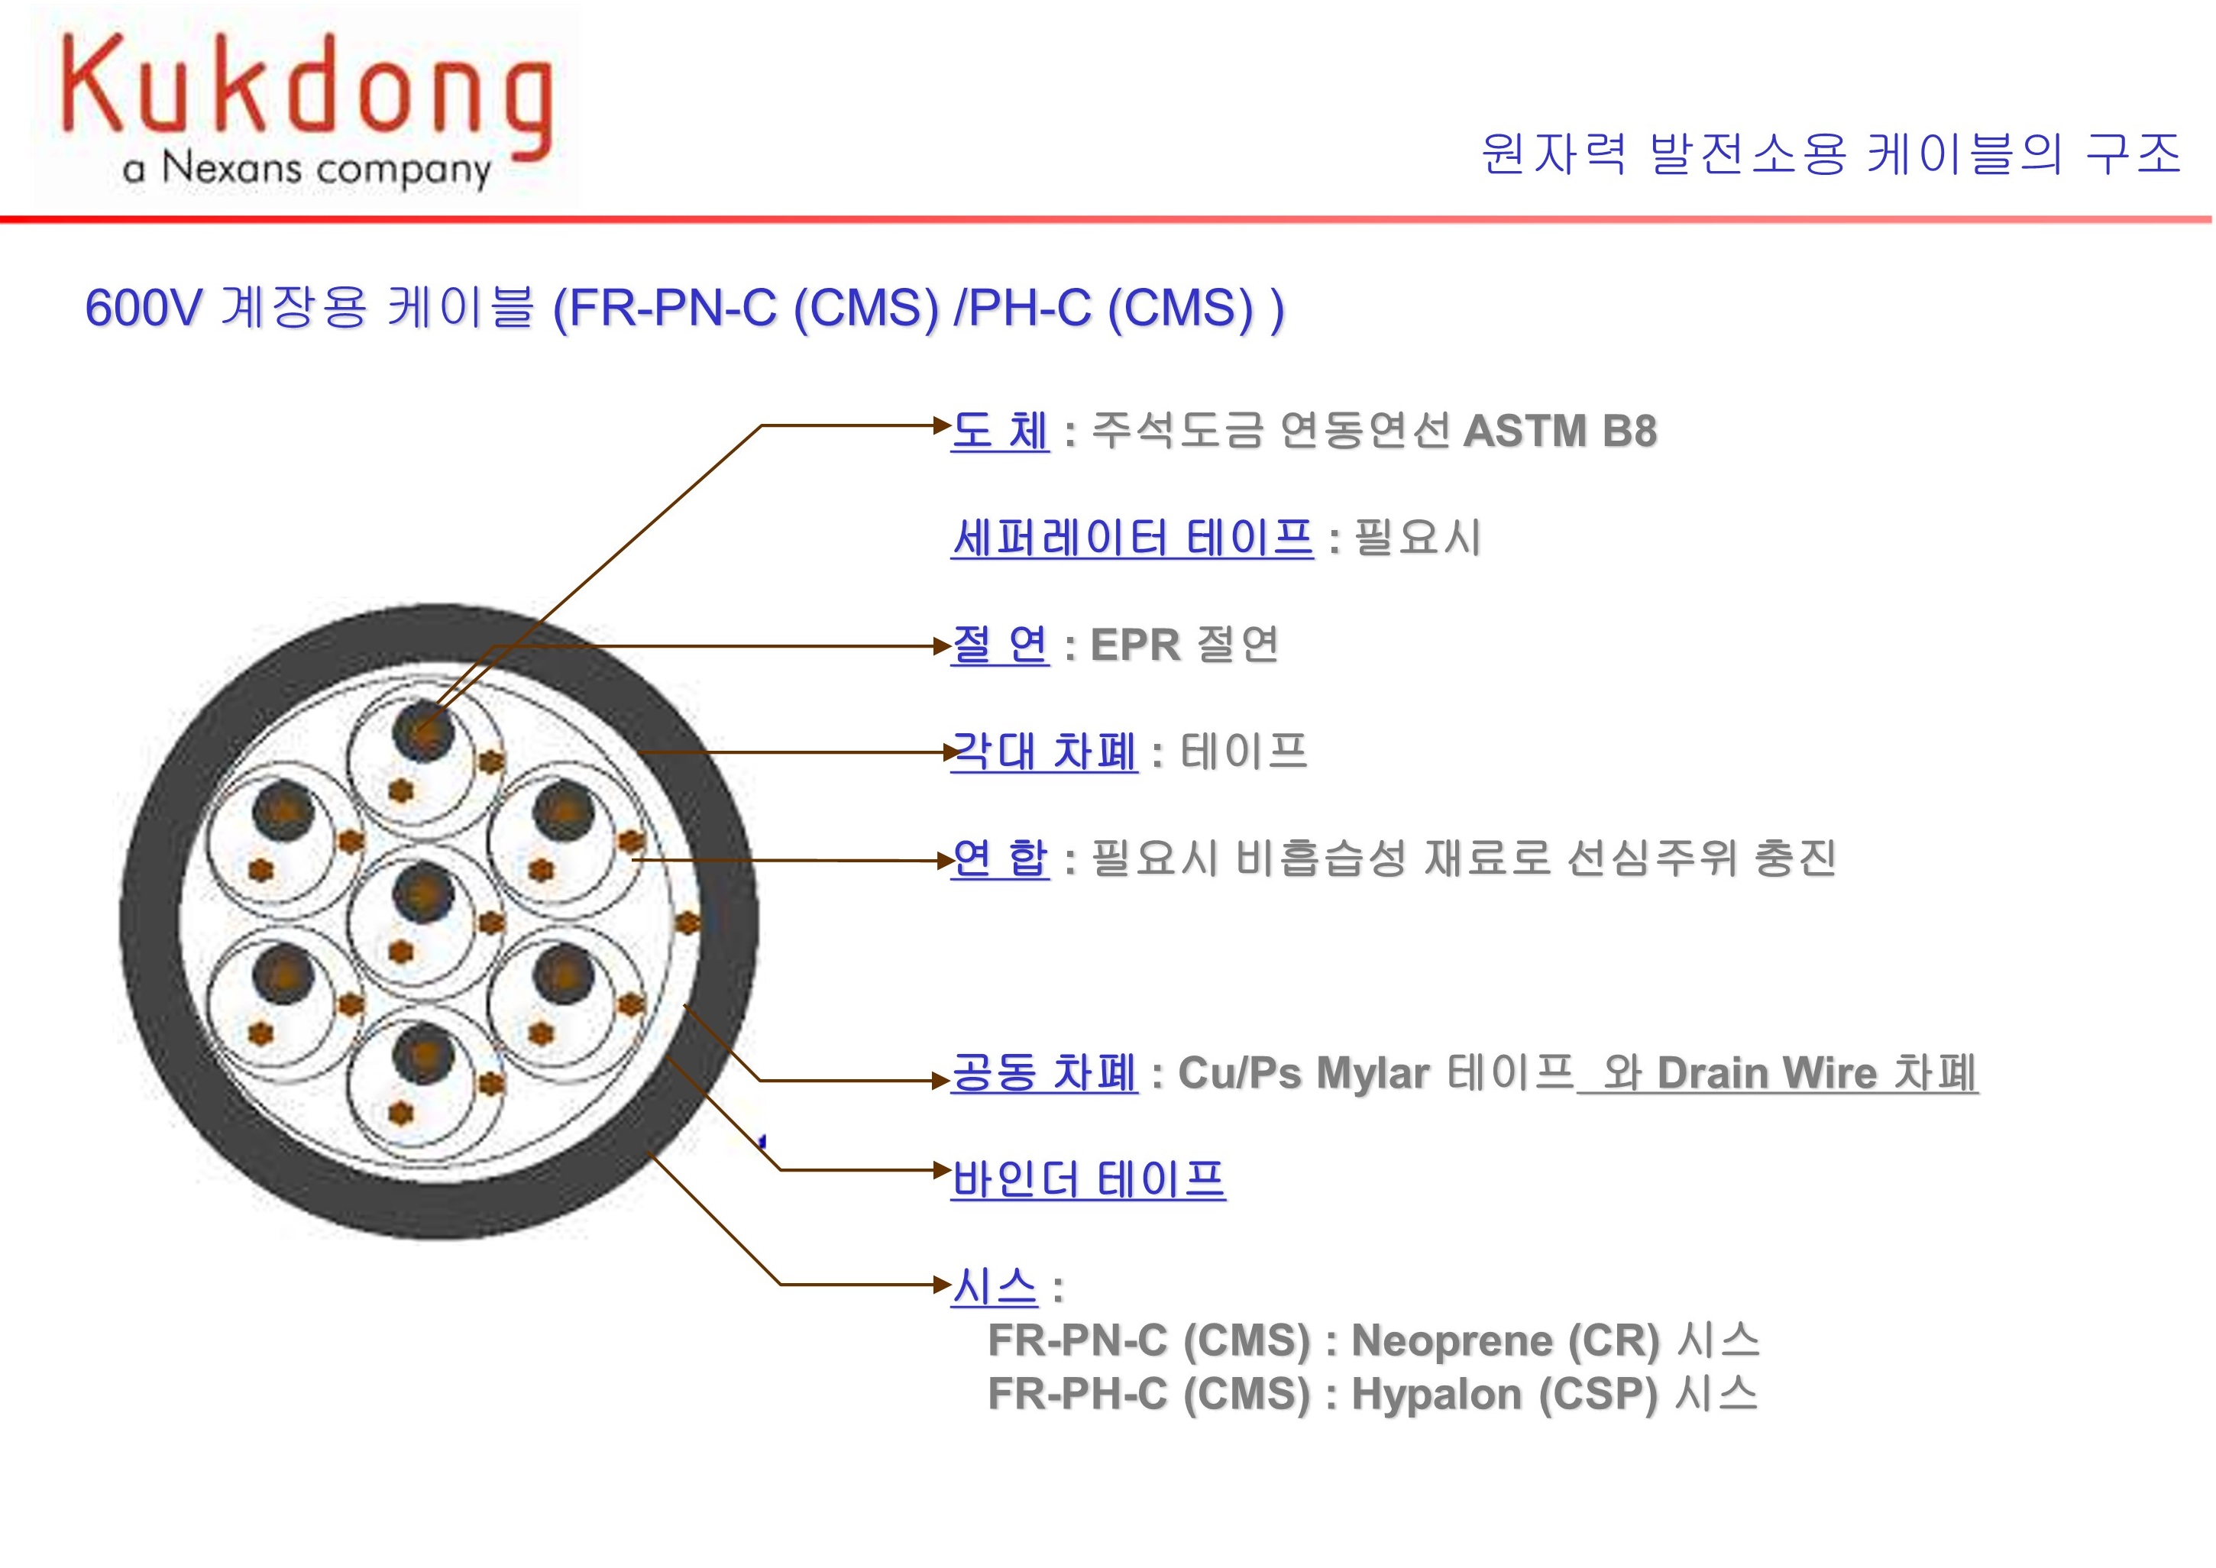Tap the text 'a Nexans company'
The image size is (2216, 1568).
point(306,169)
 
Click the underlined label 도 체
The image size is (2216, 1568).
point(999,431)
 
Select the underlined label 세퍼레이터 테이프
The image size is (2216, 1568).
point(1131,538)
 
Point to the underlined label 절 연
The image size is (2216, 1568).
point(999,645)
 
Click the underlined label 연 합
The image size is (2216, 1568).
point(999,858)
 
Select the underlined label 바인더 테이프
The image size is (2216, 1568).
point(1089,1180)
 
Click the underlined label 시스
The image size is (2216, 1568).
point(994,1287)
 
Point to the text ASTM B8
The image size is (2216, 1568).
point(1559,431)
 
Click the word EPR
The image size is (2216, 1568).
point(1134,645)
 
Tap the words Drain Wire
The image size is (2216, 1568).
point(1767,1072)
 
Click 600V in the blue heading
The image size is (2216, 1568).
point(143,308)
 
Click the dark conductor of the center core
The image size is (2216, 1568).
point(423,891)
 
